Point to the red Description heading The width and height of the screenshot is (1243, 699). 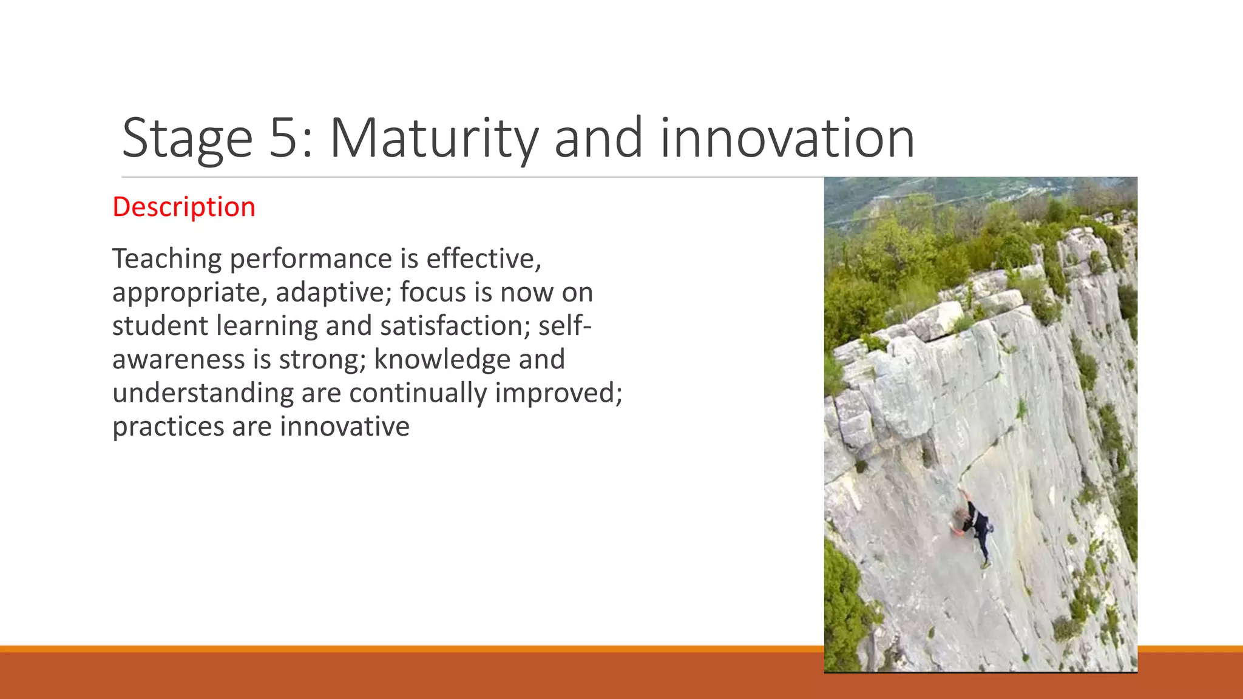click(x=184, y=207)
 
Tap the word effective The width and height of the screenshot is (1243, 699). click(x=483, y=258)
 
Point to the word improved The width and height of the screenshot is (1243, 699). click(x=558, y=393)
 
